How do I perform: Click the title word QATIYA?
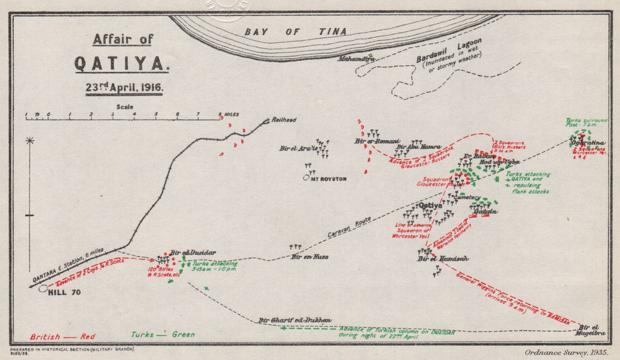(122, 64)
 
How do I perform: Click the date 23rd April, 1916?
(125, 87)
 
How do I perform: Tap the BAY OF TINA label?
(295, 32)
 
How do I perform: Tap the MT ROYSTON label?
(329, 178)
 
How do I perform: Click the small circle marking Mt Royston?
(306, 178)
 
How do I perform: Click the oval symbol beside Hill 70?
(43, 288)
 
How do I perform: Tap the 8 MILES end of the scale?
(228, 115)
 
